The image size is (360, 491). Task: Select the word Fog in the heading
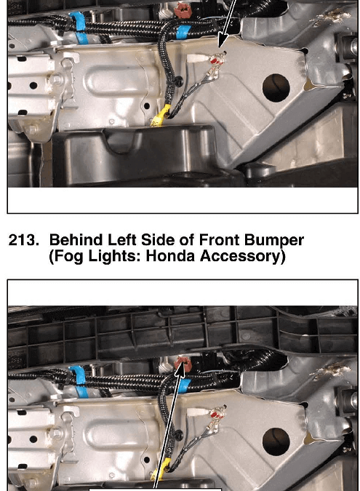pyautogui.click(x=66, y=257)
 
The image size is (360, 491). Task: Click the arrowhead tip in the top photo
pyautogui.click(x=220, y=48)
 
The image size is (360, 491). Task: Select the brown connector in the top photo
pyautogui.click(x=184, y=10)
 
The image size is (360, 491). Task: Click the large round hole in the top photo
pyautogui.click(x=276, y=88)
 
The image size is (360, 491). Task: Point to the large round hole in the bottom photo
pyautogui.click(x=276, y=442)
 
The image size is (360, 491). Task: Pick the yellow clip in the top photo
pyautogui.click(x=161, y=116)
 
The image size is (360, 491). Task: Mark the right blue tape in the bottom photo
pyautogui.click(x=184, y=388)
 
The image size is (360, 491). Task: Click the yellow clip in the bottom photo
pyautogui.click(x=161, y=470)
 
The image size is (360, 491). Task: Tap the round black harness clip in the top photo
pyautogui.click(x=179, y=81)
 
